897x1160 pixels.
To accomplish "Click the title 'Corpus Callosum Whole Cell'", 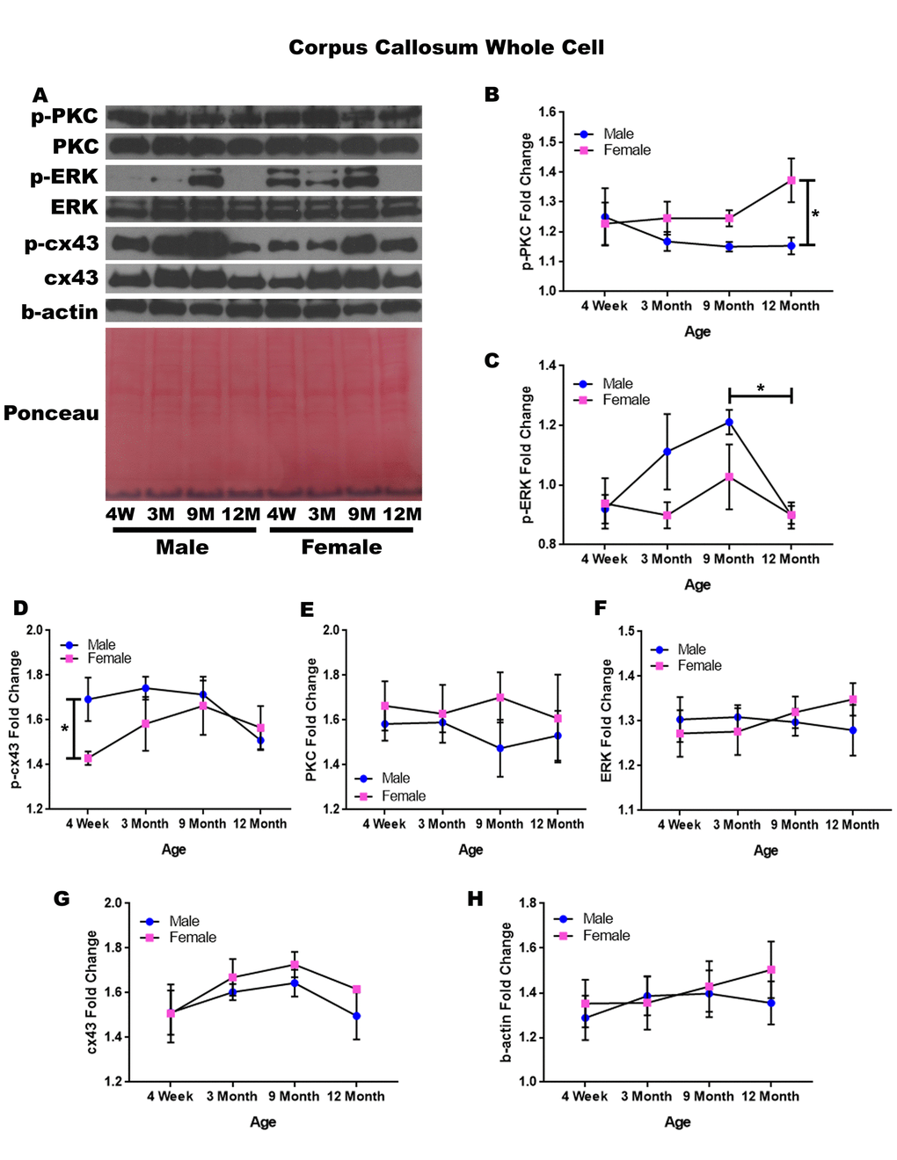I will [446, 47].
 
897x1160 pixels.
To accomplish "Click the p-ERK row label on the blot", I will [63, 177].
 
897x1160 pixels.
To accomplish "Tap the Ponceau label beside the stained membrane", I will [51, 413].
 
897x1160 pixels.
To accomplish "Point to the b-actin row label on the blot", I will [60, 312].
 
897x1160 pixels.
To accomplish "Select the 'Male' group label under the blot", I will [182, 547].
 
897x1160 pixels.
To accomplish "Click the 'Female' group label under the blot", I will [341, 547].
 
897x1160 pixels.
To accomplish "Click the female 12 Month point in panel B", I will [791, 180].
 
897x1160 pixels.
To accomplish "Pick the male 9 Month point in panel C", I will [729, 423].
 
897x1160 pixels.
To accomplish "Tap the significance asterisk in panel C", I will [761, 388].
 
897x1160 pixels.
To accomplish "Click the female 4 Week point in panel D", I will [88, 758].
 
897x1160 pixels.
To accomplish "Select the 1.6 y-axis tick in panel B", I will [547, 112].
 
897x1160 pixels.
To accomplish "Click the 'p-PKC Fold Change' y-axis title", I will [527, 201].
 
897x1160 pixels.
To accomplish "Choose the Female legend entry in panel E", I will [403, 796].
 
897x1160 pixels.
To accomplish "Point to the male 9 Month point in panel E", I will [500, 749].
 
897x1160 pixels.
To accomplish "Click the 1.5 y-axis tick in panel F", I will [625, 631].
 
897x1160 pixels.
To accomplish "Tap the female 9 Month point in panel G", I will [295, 965].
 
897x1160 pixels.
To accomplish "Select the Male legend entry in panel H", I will [597, 918].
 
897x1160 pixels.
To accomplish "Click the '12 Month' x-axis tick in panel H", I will [770, 1097].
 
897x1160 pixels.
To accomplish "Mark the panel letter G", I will [62, 898].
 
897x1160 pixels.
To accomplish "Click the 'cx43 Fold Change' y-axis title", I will [91, 992].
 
